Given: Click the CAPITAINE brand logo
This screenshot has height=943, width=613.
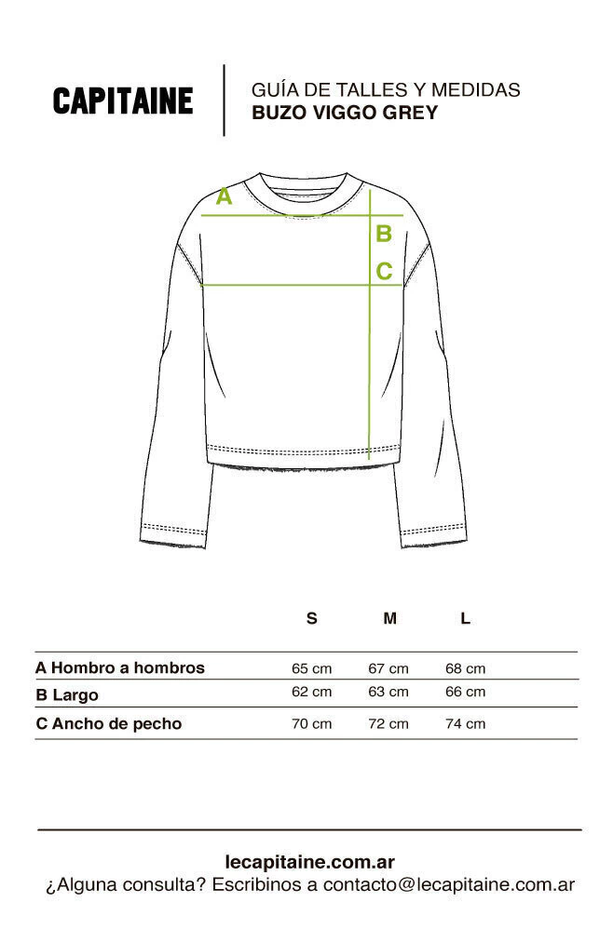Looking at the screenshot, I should pyautogui.click(x=123, y=101).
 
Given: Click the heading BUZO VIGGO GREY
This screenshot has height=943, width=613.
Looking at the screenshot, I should pyautogui.click(x=345, y=113).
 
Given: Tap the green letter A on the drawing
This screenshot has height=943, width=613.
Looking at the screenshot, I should pyautogui.click(x=224, y=196).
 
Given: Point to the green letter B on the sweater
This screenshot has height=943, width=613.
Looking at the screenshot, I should pyautogui.click(x=383, y=235).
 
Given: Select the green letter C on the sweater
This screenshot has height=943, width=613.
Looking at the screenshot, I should pyautogui.click(x=384, y=272).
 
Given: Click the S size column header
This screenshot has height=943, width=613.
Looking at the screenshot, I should pyautogui.click(x=312, y=618).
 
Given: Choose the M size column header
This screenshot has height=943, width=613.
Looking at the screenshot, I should pyautogui.click(x=389, y=618).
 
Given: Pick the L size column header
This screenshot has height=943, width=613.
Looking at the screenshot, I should pyautogui.click(x=466, y=618).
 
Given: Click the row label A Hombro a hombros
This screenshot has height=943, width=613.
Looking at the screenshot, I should pyautogui.click(x=120, y=667).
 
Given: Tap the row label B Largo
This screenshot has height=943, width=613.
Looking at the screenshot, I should pyautogui.click(x=66, y=694).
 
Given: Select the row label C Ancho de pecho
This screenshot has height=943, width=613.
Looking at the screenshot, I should pyautogui.click(x=108, y=723).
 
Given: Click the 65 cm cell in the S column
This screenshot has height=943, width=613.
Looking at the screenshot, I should pyautogui.click(x=312, y=668).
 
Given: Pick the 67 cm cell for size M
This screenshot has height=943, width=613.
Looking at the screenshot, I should pyautogui.click(x=388, y=668).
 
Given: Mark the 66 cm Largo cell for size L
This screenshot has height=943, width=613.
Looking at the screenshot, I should pyautogui.click(x=466, y=692).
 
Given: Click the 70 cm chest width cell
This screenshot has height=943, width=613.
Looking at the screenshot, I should pyautogui.click(x=312, y=723).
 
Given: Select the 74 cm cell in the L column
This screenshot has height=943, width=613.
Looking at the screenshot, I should pyautogui.click(x=466, y=723).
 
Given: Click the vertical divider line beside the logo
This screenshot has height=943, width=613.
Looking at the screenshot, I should pyautogui.click(x=224, y=101).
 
